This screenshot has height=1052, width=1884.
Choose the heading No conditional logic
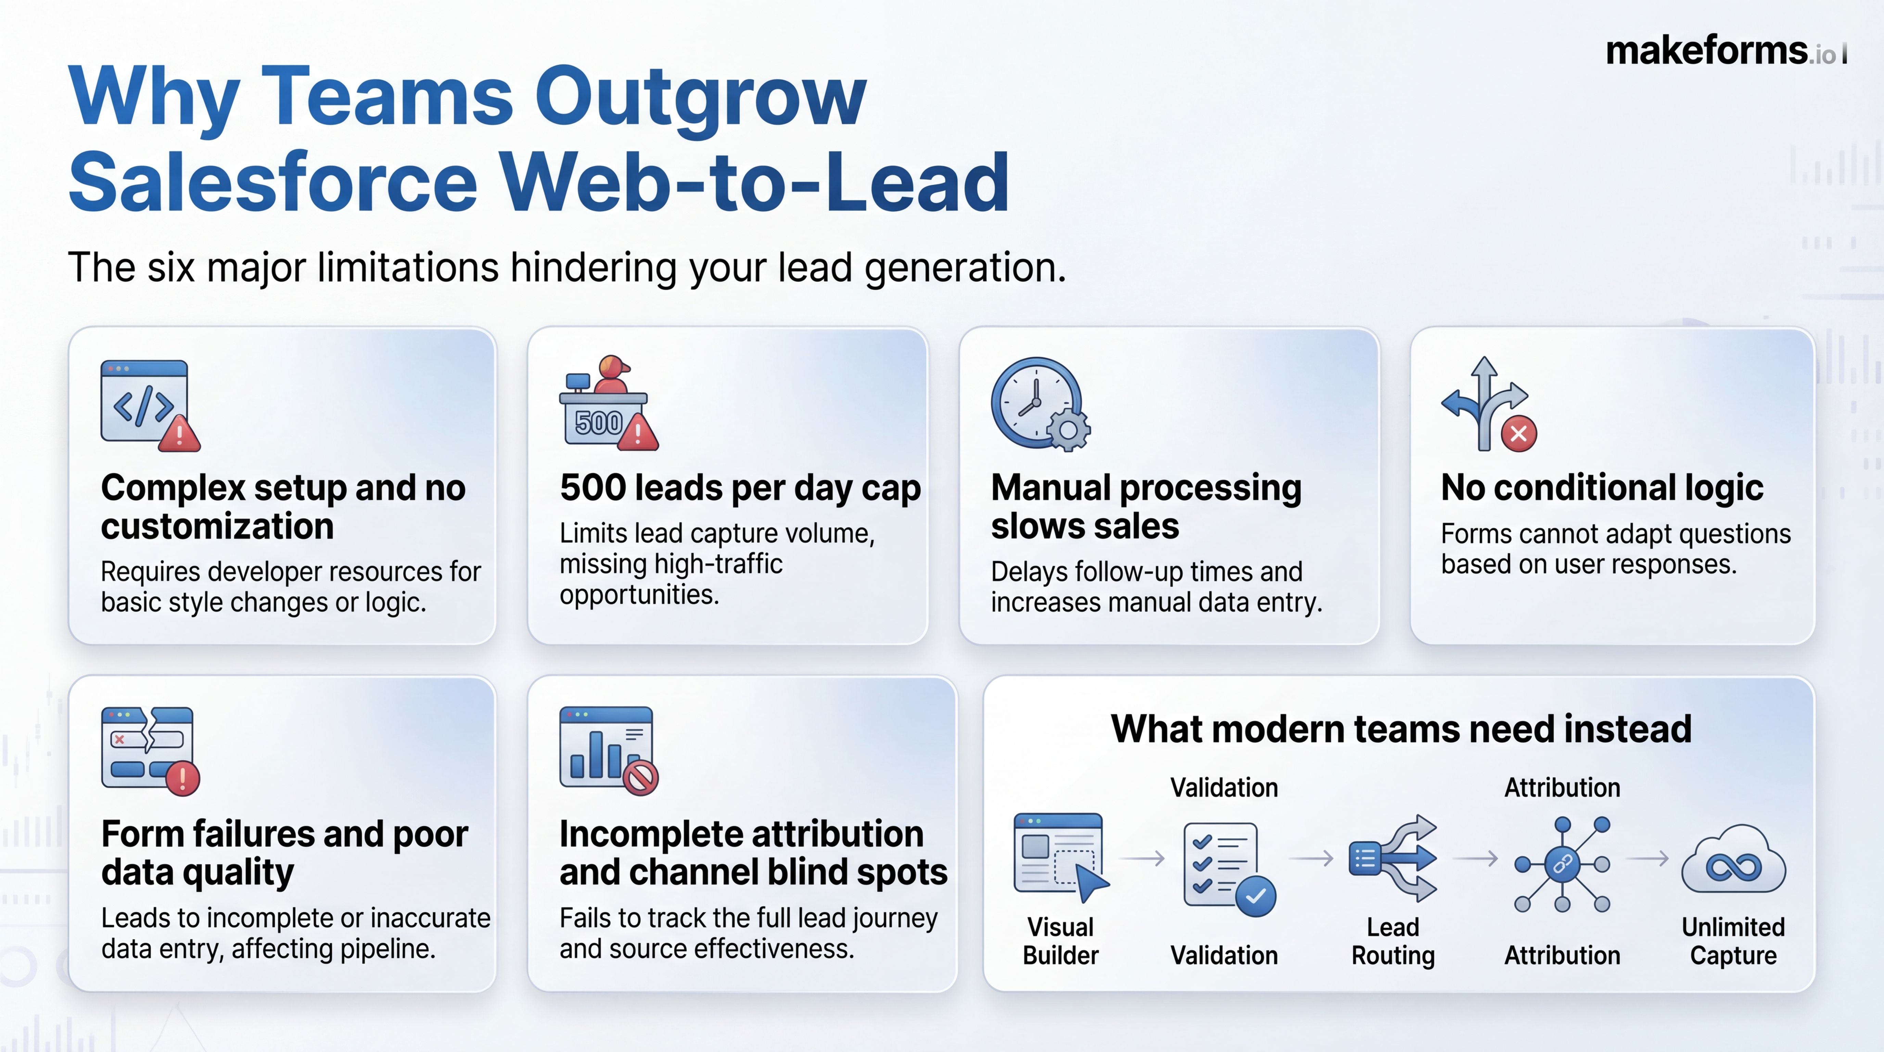pyautogui.click(x=1602, y=488)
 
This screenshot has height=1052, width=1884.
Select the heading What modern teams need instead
pyautogui.click(x=1401, y=729)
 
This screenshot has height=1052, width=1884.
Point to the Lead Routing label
pyautogui.click(x=1392, y=941)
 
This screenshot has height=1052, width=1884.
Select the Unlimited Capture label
pyautogui.click(x=1733, y=941)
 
